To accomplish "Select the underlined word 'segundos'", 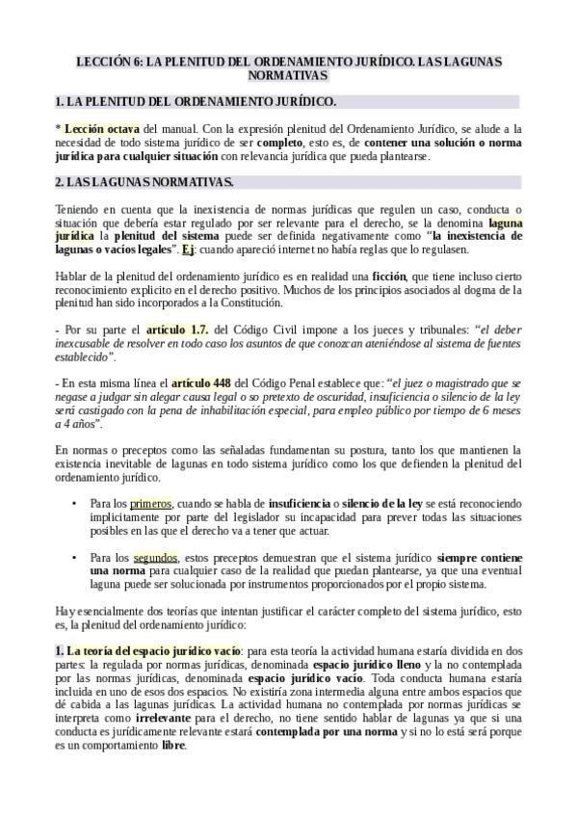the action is click(x=155, y=557).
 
